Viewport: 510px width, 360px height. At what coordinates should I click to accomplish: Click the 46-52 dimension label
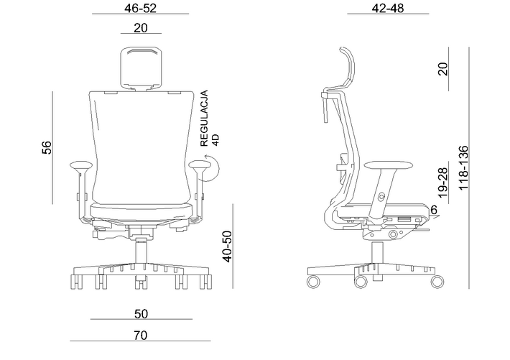point(140,8)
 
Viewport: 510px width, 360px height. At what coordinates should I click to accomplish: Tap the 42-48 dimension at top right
point(388,8)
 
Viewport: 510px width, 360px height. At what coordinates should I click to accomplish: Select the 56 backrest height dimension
point(47,147)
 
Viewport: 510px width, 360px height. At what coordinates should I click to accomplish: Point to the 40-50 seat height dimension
point(228,246)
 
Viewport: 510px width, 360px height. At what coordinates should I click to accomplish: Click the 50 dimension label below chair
point(142,314)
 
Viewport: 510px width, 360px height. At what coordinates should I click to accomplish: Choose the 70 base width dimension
point(141,336)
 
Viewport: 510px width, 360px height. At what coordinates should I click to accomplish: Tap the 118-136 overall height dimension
point(463,168)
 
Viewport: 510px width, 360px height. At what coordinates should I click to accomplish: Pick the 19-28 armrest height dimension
point(442,183)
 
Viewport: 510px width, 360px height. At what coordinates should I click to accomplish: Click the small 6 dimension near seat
point(434,210)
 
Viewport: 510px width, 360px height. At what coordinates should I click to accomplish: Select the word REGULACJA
point(204,119)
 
